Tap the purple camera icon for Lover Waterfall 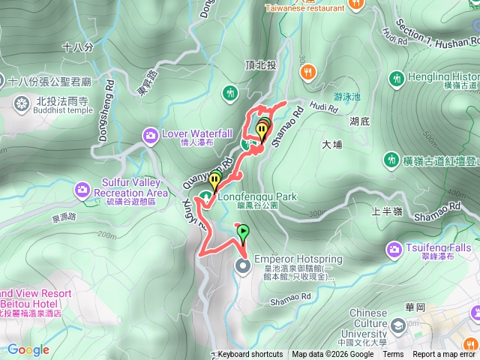coord(150,135)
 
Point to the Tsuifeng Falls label coord(440,247)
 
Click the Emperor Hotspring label coord(298,259)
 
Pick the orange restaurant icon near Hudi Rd coord(308,72)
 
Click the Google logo coord(28,349)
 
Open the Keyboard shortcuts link coord(250,355)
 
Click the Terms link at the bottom coord(393,355)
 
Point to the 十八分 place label coord(78,46)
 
